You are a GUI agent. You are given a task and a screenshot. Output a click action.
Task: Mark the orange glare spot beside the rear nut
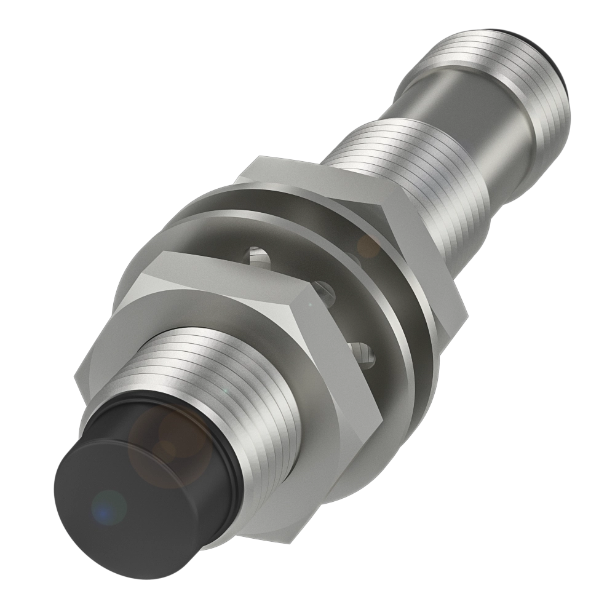click(370, 247)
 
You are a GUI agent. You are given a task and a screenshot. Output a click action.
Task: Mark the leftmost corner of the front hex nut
click(75, 376)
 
